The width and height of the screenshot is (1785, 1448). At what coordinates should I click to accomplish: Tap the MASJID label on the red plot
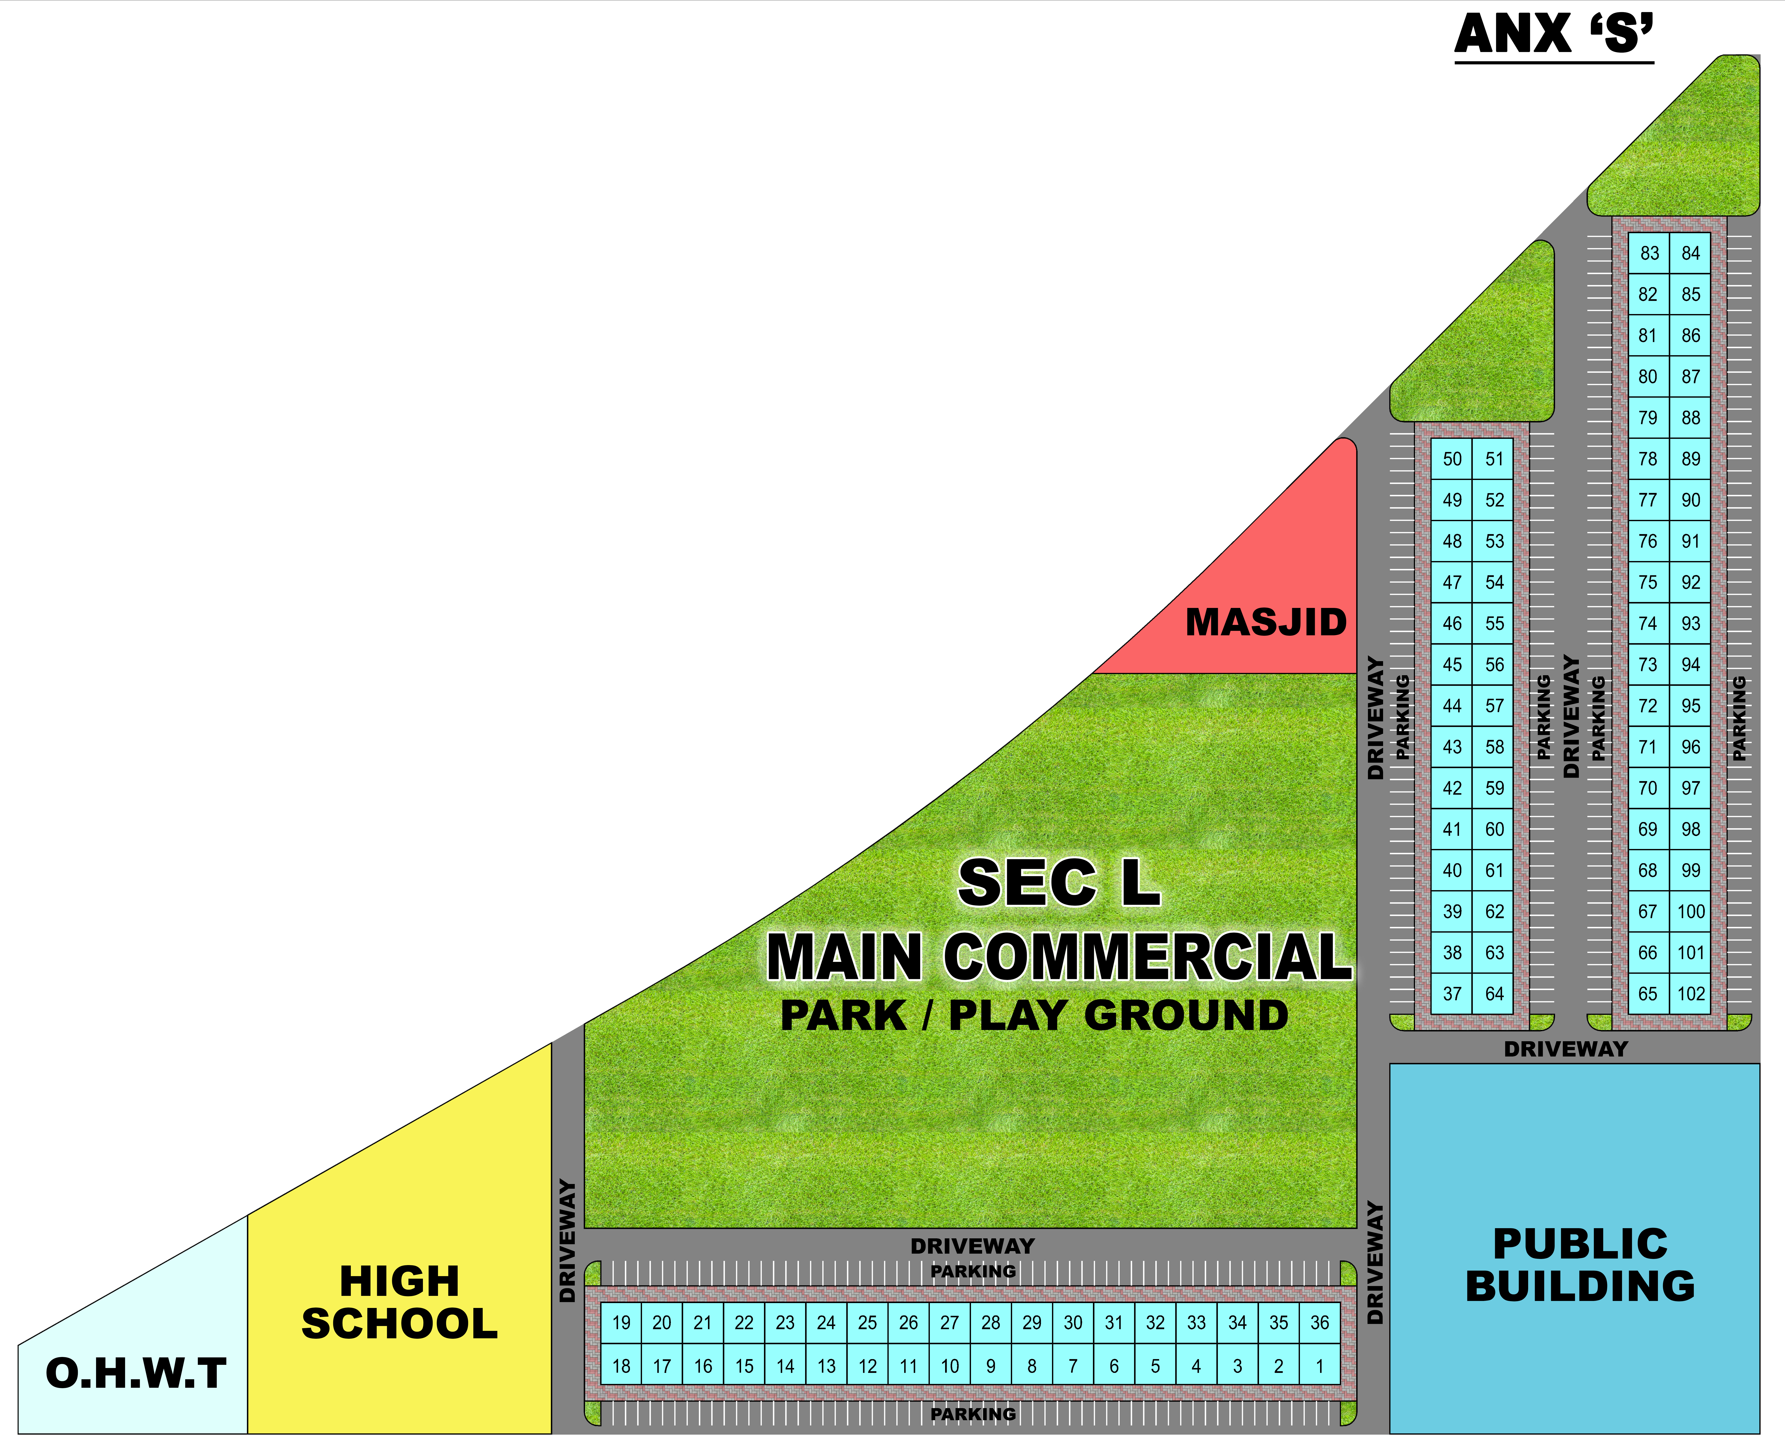[x=1266, y=622]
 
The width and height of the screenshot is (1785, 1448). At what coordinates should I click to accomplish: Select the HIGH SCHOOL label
[x=399, y=1302]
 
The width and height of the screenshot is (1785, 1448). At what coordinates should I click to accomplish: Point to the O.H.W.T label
[x=136, y=1374]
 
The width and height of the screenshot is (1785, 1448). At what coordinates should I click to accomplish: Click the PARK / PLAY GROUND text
[x=1034, y=1015]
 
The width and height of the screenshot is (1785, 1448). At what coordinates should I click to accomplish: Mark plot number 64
[x=1494, y=993]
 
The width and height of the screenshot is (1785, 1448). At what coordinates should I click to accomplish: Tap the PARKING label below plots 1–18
[x=973, y=1414]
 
